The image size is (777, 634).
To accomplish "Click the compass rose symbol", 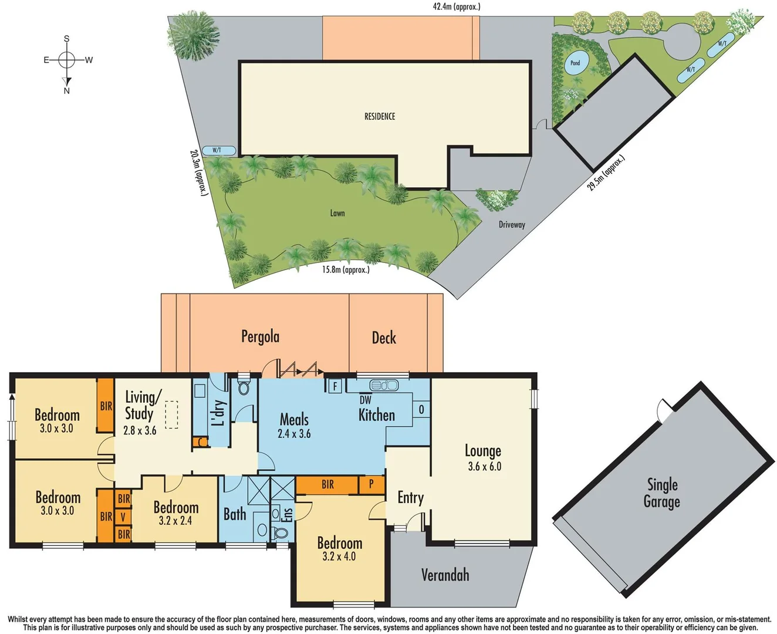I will (67, 60).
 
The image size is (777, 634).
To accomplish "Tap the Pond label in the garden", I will (575, 63).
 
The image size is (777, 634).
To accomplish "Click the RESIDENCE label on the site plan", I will (380, 116).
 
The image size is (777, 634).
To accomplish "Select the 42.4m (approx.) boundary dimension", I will (456, 6).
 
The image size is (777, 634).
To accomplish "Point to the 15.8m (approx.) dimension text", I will (346, 270).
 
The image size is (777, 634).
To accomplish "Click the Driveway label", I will (512, 224).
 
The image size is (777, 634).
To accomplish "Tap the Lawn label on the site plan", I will (337, 213).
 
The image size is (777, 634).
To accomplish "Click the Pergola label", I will (260, 336).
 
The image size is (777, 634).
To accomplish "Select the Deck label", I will (384, 338).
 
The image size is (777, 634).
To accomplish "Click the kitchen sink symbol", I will (384, 386).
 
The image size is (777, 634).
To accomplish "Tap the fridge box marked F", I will (335, 386).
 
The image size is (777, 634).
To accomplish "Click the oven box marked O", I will (421, 409).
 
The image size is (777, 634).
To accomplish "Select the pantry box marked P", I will (371, 484).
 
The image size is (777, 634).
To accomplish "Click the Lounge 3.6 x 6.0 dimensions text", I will (484, 467).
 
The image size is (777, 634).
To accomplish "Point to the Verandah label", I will (445, 575).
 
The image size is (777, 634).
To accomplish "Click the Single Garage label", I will (661, 493).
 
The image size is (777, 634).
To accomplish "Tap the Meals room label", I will (294, 420).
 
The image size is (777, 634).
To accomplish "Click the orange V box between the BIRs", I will (123, 517).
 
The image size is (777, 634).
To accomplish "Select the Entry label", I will (410, 498).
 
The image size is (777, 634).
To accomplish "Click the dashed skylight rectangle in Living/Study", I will (171, 414).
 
